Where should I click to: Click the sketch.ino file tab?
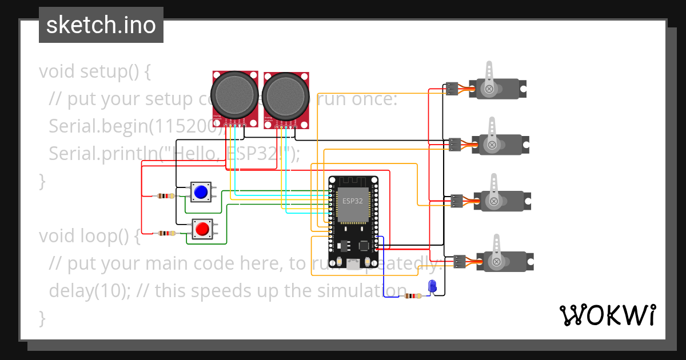click(101, 25)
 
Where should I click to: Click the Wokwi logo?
click(607, 315)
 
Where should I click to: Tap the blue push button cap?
click(201, 192)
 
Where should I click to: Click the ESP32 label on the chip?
click(352, 201)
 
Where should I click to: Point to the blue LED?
click(432, 286)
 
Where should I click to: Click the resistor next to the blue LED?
click(412, 296)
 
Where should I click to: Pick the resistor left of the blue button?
click(165, 196)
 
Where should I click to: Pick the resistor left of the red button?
click(166, 233)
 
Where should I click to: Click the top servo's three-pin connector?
click(452, 89)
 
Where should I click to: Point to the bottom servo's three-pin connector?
click(459, 262)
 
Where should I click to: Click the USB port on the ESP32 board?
click(353, 263)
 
